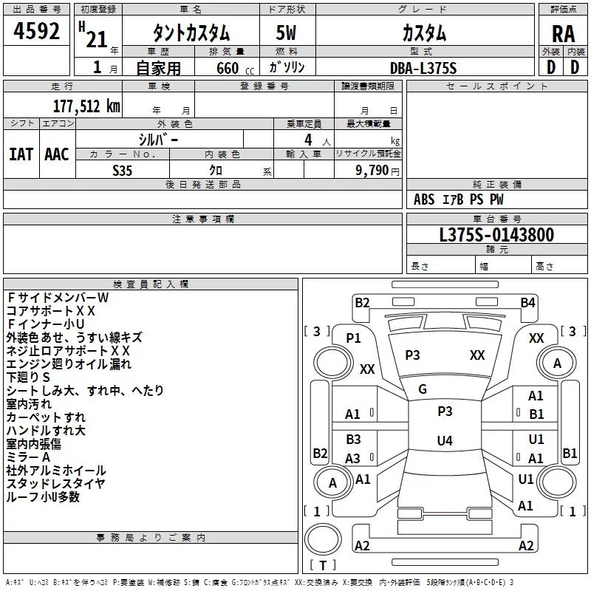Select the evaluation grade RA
coord(563,34)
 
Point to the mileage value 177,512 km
coord(86,106)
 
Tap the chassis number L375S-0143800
coord(496,235)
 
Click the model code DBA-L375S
coord(423,68)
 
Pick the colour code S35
coord(123,169)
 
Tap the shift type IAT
coord(21,154)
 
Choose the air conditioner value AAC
coord(56,154)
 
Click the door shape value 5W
coord(287,33)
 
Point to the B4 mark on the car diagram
coord(527,302)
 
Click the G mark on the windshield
coord(423,389)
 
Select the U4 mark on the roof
coord(444,441)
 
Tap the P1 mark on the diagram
coord(353,338)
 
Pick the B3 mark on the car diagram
coord(353,440)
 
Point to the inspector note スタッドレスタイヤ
coord(55,483)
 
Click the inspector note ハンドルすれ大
coord(46,430)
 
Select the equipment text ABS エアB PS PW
coord(459,199)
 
